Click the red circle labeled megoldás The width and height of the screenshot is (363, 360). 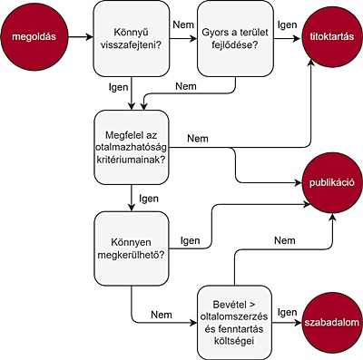(34, 37)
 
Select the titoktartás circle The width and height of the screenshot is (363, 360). (332, 37)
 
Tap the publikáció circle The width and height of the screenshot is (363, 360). (332, 182)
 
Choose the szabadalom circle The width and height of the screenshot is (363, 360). (332, 323)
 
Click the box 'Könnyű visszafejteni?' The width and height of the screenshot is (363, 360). (132, 38)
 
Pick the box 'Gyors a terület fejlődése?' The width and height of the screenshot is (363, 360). (235, 38)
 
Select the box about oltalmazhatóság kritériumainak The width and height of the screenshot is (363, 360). (132, 147)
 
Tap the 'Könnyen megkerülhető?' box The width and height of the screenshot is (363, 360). (132, 248)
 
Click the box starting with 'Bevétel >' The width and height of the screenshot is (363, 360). (234, 323)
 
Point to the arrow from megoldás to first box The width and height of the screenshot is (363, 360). (81, 37)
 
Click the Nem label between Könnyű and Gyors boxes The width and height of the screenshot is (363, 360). (183, 24)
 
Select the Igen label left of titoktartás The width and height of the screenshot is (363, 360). (288, 24)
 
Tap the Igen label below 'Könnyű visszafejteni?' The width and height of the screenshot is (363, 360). (119, 87)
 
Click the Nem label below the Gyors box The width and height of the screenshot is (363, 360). (186, 86)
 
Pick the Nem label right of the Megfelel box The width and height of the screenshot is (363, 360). (198, 139)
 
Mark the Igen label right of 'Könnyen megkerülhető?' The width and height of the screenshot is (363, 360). (191, 240)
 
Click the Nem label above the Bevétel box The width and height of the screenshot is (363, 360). (285, 240)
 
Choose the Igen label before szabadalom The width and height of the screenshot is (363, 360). (288, 312)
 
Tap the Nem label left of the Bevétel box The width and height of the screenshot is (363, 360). (162, 315)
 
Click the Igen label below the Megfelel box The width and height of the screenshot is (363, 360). (149, 199)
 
